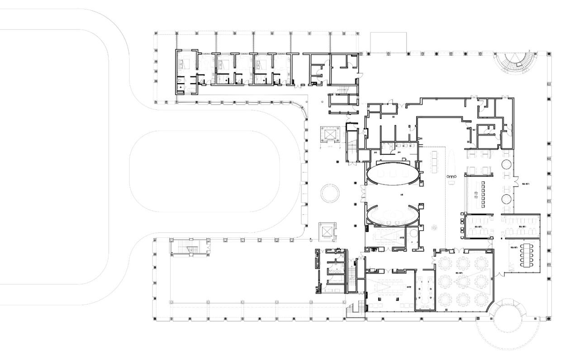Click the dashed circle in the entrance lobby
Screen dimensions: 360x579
[330, 193]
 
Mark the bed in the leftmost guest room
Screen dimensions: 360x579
[186, 64]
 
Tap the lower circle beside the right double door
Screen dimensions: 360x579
[507, 198]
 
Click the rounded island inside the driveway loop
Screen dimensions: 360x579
[204, 171]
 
